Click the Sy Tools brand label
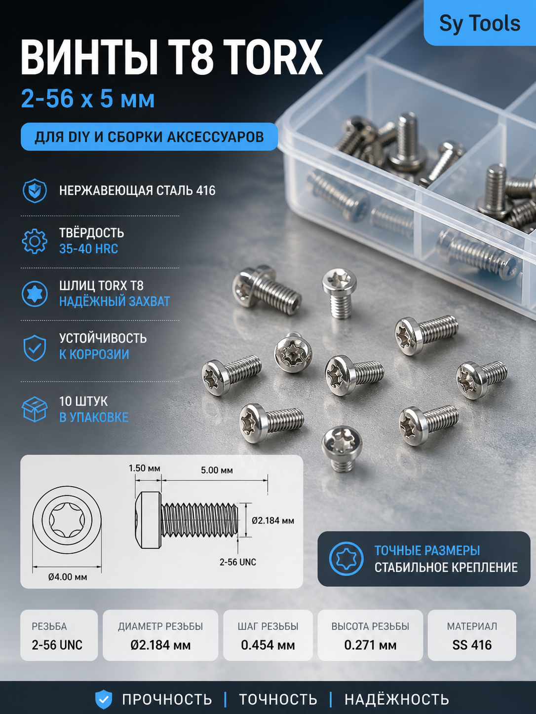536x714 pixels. coord(480,23)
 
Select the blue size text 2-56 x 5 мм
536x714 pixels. coord(87,99)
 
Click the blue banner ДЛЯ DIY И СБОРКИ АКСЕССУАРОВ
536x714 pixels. coord(149,137)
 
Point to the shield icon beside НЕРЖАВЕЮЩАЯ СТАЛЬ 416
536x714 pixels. coord(35,191)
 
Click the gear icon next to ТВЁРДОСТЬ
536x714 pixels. coord(35,241)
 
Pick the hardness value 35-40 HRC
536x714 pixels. coord(88,249)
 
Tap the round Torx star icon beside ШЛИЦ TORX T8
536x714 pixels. coord(35,293)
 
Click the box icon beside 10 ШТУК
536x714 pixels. coord(35,409)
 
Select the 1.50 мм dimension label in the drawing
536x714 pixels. coord(144,468)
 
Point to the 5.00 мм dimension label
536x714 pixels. coord(217,470)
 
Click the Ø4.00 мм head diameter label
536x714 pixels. coord(67,577)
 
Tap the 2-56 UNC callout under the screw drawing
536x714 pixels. coord(237,562)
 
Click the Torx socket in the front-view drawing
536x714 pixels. coord(67,520)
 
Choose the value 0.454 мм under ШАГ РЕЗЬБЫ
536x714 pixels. coord(268,645)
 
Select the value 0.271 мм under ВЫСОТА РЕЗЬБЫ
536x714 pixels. coord(370,645)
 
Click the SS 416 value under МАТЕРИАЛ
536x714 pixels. coord(472,645)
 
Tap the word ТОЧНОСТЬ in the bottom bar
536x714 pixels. coord(278,699)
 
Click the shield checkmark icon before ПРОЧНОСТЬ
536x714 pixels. coord(104,699)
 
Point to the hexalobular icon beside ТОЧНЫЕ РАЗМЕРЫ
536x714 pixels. coord(346,559)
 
